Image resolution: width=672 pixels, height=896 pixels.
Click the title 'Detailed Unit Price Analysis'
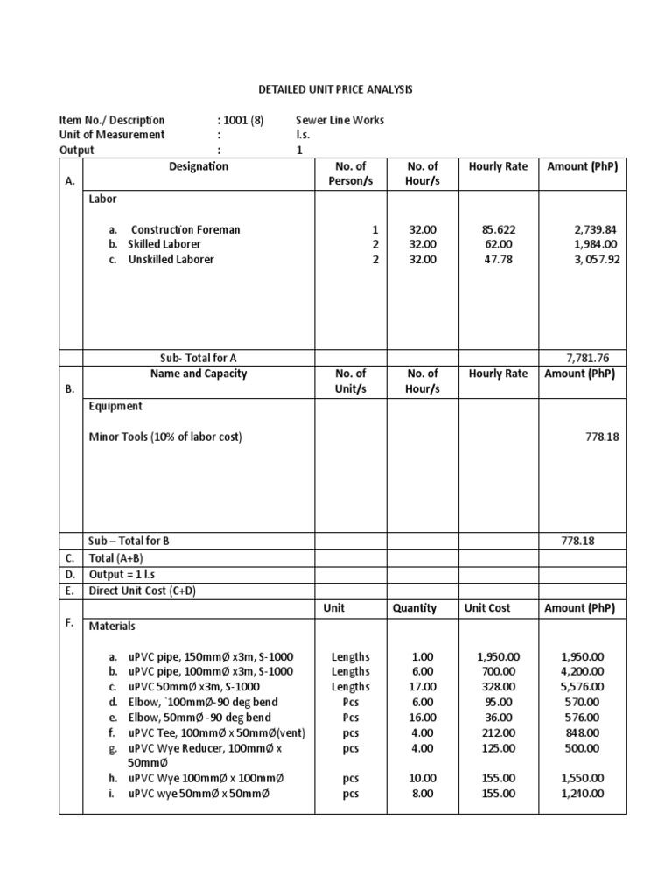[336, 89]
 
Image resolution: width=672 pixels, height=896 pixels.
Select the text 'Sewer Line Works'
[339, 120]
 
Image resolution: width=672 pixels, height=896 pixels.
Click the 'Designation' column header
[199, 166]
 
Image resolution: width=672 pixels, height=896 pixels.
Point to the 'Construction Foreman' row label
[185, 229]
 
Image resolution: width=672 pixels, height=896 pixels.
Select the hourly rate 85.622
[497, 229]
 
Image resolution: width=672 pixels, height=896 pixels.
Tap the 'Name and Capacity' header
[199, 374]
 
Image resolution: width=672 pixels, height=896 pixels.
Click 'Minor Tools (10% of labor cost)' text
[165, 437]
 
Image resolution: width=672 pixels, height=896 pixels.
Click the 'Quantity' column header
[414, 607]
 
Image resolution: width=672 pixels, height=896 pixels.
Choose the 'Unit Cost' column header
[487, 607]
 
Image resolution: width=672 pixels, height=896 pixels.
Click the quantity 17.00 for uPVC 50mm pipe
[422, 687]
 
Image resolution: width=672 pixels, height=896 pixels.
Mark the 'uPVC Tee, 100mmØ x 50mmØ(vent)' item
[206, 732]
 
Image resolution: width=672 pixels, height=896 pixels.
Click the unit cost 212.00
[498, 732]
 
